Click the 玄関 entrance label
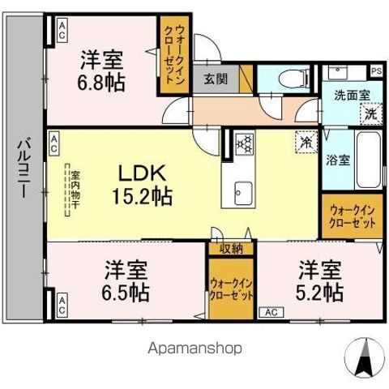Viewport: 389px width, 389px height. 216,79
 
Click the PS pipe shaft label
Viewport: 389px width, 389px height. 376,71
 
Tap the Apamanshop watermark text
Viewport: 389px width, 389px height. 194,348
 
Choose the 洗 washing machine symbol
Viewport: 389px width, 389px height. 369,114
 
